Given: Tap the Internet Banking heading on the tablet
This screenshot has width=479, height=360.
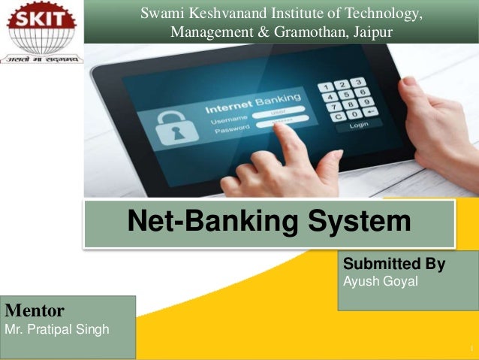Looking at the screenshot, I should coord(253,104).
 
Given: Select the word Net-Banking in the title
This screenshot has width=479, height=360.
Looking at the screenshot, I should coord(207,222).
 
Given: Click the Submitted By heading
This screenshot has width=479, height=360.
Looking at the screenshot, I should coord(393,265).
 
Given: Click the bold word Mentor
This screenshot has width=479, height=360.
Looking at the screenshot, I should coord(35,309).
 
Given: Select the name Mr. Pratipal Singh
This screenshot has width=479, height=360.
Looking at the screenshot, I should coord(57,329).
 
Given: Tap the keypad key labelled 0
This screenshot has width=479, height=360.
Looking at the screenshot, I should coord(348,114).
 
